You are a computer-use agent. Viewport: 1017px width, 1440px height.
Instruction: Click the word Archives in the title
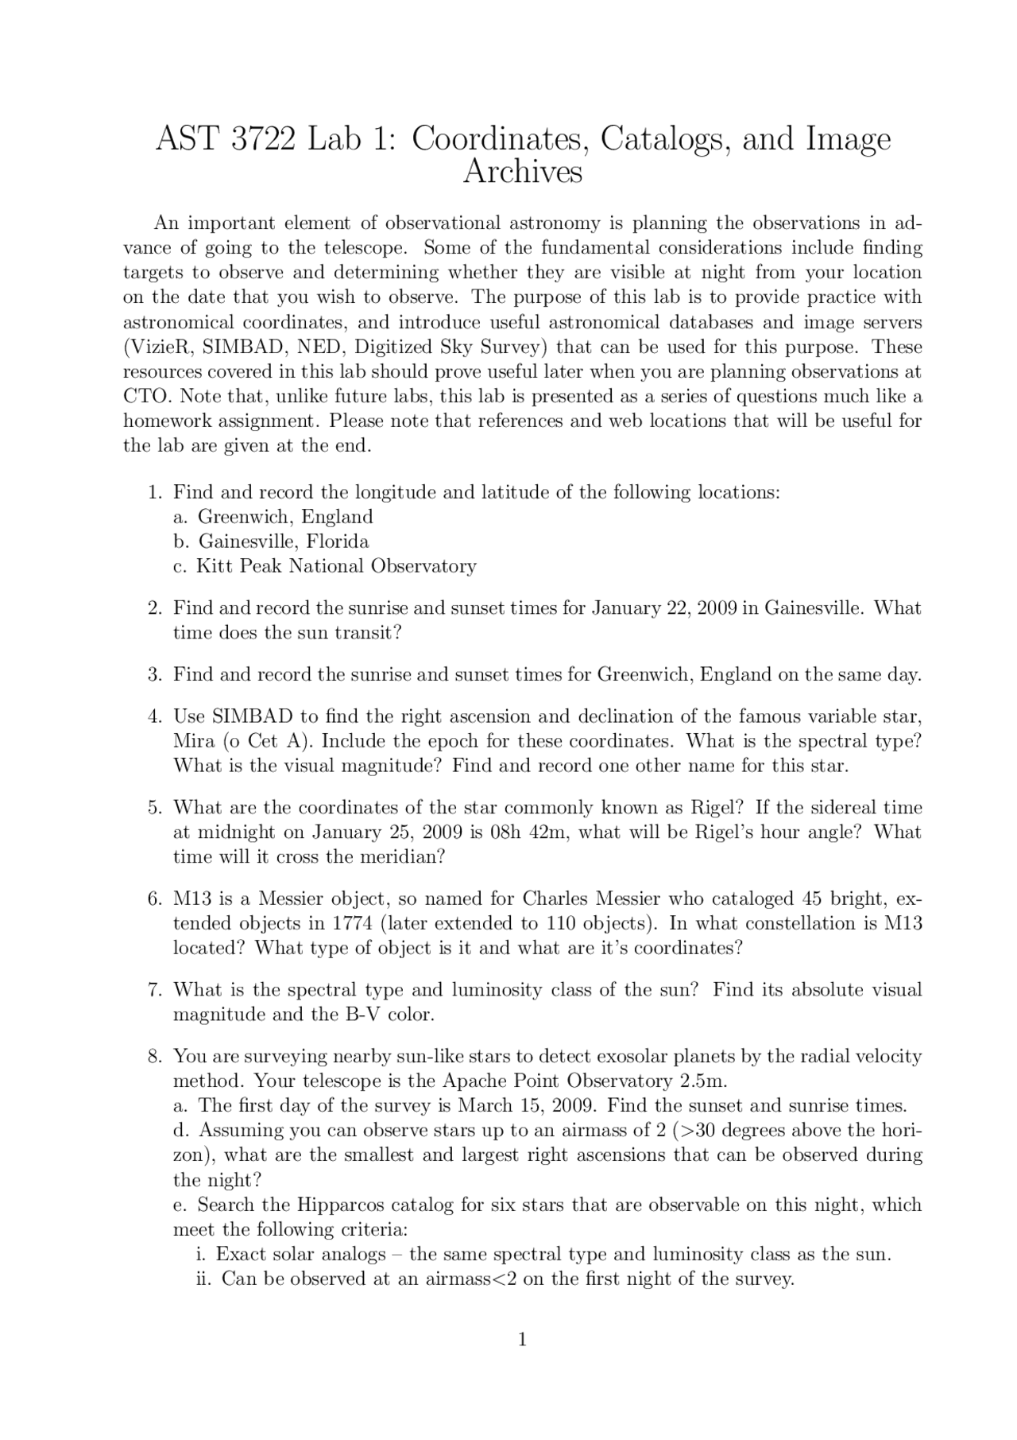[522, 173]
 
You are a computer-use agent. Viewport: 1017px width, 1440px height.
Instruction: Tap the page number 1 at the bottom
[522, 1340]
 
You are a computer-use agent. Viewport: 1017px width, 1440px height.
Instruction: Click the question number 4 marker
[154, 716]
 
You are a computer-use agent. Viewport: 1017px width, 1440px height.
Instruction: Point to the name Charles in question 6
[557, 899]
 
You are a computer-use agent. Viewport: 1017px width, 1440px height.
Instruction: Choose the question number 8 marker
[154, 1056]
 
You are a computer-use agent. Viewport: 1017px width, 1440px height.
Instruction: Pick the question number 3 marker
[154, 675]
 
